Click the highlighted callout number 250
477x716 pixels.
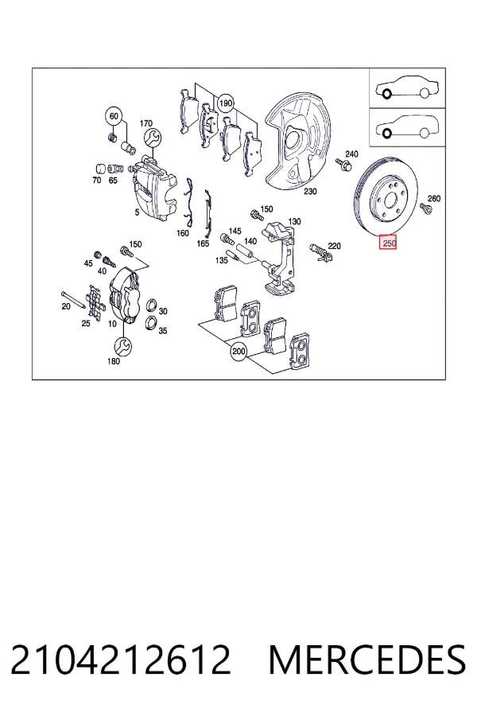click(x=389, y=243)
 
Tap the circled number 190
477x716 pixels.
click(x=226, y=103)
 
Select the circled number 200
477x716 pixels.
click(x=238, y=352)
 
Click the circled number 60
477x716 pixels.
click(x=114, y=116)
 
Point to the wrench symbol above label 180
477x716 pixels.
click(x=122, y=346)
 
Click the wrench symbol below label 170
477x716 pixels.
click(x=152, y=137)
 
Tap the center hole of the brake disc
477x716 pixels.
click(x=390, y=200)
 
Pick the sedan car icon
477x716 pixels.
click(x=407, y=88)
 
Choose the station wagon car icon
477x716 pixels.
click(x=407, y=126)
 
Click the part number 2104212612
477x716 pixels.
click(x=121, y=660)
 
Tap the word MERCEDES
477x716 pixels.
click(x=367, y=660)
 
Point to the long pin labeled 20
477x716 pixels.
click(x=72, y=300)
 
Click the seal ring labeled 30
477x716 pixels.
click(x=151, y=306)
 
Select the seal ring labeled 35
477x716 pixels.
click(x=150, y=321)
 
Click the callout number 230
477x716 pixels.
click(x=310, y=191)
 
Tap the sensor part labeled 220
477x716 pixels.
click(x=321, y=253)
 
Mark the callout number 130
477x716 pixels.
click(x=294, y=221)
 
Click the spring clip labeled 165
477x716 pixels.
click(x=207, y=211)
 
